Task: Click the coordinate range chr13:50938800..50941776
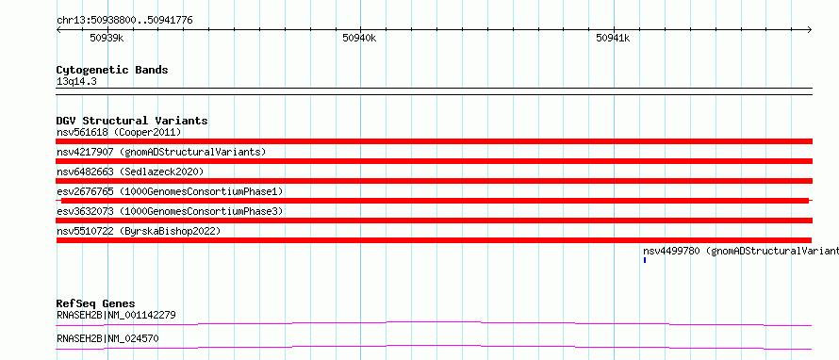click(x=124, y=21)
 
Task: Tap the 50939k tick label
click(x=107, y=38)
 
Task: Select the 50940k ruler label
click(x=359, y=38)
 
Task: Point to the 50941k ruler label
click(x=613, y=38)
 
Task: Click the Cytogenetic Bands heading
click(x=112, y=70)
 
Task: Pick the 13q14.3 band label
click(x=76, y=82)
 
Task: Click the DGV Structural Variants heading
click(x=132, y=121)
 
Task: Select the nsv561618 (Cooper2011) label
click(x=120, y=132)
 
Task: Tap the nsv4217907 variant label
click(x=161, y=152)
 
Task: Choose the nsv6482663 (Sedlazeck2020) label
click(x=130, y=172)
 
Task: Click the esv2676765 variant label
click(x=170, y=191)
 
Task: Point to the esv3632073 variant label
click(x=170, y=211)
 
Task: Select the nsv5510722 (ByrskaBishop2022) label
click(x=139, y=231)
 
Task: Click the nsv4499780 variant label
click(x=741, y=251)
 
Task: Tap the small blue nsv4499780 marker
click(x=645, y=260)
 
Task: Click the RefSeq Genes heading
click(x=96, y=303)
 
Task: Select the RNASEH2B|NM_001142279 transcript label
click(x=116, y=315)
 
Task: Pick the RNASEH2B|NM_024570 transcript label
click(x=107, y=338)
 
